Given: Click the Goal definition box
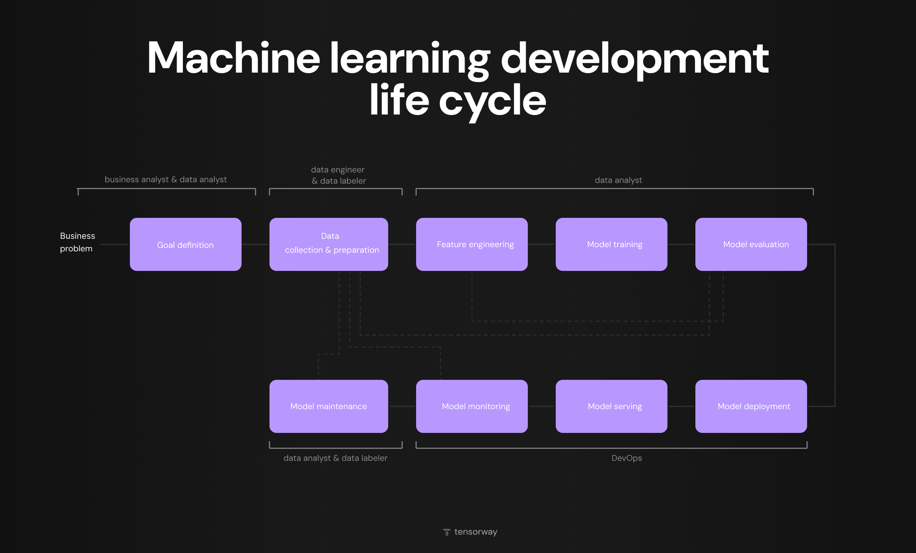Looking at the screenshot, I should [x=185, y=244].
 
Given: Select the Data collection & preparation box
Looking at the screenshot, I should [x=328, y=244].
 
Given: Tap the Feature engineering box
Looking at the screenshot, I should [x=472, y=244].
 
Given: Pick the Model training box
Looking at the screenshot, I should [x=611, y=244].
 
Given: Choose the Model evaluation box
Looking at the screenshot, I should [x=751, y=244].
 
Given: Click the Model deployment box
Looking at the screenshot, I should [x=751, y=406].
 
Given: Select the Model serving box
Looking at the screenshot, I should [x=611, y=406].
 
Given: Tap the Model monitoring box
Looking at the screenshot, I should [x=472, y=406].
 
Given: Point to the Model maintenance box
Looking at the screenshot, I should [x=328, y=406].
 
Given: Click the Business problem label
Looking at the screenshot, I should [x=77, y=242].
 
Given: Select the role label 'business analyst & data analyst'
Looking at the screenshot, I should [x=166, y=180].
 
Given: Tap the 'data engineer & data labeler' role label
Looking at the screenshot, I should [x=338, y=175].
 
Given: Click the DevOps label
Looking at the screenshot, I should [x=626, y=458].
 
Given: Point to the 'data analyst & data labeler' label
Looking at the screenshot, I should [x=335, y=458].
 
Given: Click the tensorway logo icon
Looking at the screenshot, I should [x=446, y=532].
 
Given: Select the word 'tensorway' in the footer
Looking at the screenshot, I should [x=475, y=532].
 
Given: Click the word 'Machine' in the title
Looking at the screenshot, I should [x=234, y=58].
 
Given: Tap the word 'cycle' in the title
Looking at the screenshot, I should [x=492, y=101].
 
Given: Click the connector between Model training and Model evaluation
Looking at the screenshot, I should [x=681, y=244].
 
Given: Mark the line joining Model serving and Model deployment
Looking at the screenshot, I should [x=681, y=406].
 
